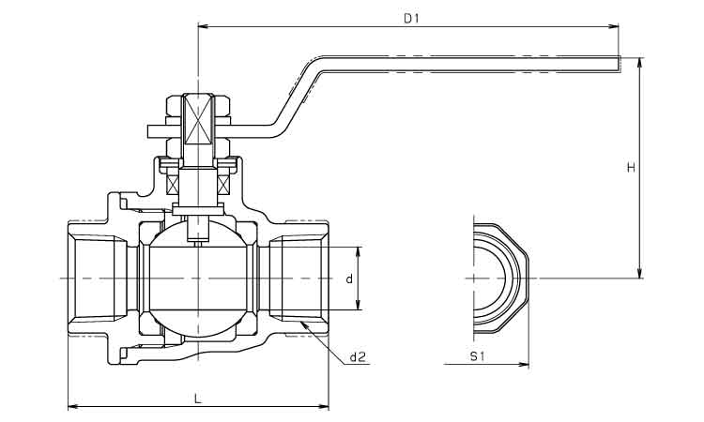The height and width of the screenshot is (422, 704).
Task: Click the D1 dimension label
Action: (x=411, y=19)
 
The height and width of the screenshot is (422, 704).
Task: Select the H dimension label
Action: (x=632, y=168)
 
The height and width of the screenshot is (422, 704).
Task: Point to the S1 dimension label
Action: (x=477, y=356)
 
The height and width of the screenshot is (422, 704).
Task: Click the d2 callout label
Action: (x=358, y=357)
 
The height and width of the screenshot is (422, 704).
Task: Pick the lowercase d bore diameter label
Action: (x=349, y=279)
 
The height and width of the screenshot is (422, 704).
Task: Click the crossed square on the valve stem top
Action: (x=197, y=119)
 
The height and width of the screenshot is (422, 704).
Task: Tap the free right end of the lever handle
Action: (x=620, y=64)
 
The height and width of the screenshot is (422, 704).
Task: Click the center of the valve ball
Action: (x=197, y=279)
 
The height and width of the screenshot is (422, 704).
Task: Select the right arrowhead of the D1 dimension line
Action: (x=615, y=27)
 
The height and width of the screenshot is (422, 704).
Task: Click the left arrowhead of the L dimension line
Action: (x=72, y=407)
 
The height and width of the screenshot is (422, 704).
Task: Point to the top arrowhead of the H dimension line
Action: (x=640, y=63)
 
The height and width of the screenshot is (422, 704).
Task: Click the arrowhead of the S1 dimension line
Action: (x=524, y=364)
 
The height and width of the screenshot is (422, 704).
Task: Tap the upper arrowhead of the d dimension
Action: (x=358, y=251)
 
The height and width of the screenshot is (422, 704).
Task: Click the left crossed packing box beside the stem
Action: (x=173, y=185)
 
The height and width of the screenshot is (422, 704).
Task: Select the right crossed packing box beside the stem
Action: (x=223, y=185)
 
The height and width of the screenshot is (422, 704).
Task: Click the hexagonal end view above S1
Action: (x=500, y=279)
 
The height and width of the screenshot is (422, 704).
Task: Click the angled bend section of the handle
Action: (x=298, y=96)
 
